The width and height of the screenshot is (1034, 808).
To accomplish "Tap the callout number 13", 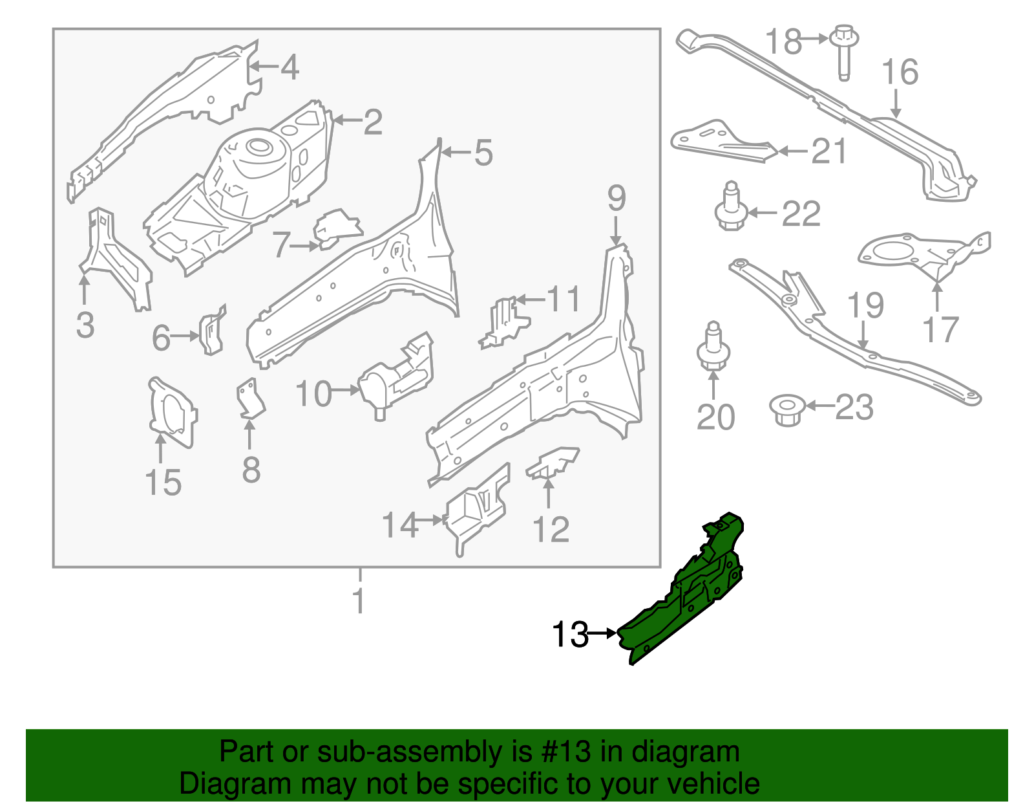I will point(570,635).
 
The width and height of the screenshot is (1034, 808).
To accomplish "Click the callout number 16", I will point(900,72).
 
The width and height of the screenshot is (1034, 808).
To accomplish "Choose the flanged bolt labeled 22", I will point(731,210).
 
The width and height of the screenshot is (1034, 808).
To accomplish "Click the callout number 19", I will point(865,305).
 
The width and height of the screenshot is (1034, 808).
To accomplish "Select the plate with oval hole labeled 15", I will point(171,411).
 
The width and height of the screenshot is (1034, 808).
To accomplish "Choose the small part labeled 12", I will point(553,462).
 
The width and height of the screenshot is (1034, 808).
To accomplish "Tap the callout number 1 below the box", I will point(359,602).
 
